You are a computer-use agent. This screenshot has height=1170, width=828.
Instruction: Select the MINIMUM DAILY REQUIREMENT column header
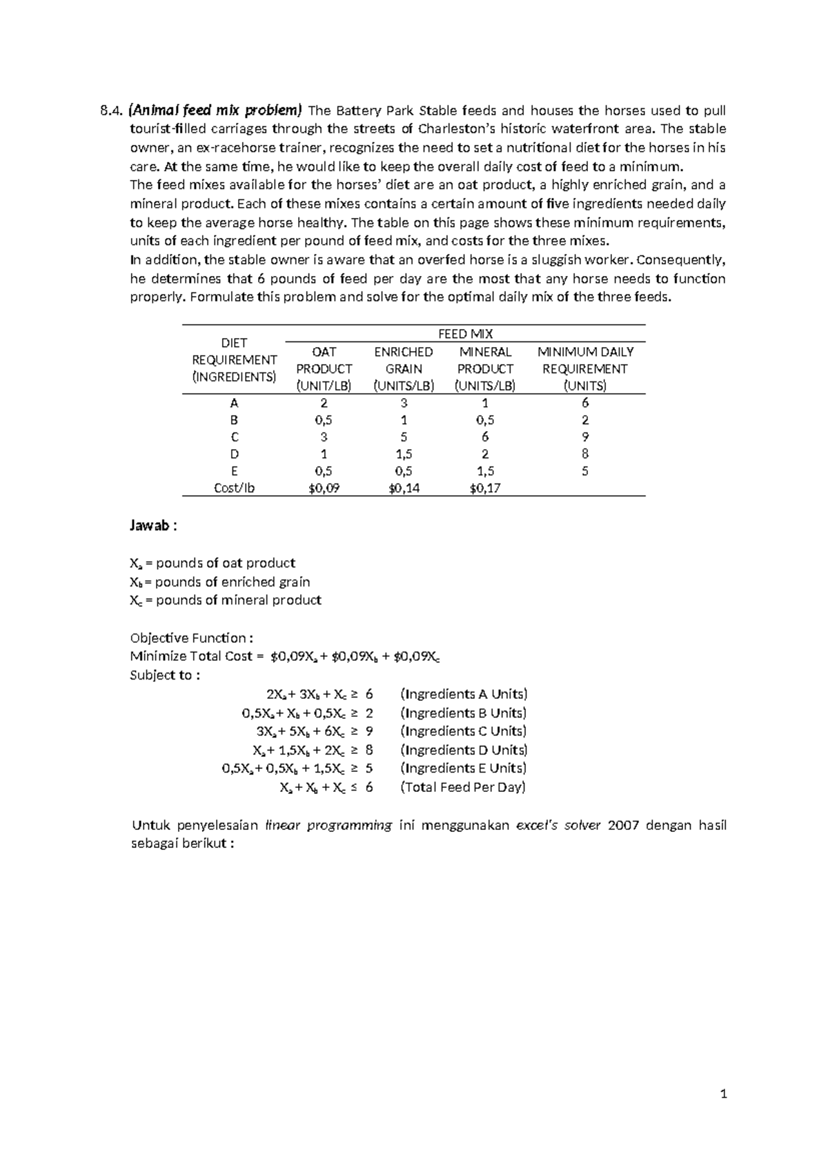tap(585, 368)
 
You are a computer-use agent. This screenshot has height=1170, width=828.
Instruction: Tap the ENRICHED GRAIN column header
tap(404, 368)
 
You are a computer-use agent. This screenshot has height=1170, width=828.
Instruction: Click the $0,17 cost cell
tap(485, 488)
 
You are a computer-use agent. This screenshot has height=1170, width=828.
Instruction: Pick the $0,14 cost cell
tap(404, 488)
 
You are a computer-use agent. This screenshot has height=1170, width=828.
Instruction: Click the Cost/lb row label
tap(234, 488)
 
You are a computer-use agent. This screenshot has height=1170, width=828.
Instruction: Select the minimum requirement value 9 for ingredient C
tap(585, 437)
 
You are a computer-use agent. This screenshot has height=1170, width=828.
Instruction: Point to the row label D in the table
tap(234, 454)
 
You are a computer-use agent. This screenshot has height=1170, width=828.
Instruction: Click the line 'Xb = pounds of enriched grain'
tap(220, 582)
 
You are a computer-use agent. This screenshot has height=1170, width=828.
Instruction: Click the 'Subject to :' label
tap(165, 675)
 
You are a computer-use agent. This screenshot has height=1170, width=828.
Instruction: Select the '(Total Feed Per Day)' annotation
tap(463, 787)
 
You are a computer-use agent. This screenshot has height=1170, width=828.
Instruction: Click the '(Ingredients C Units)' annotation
tap(463, 731)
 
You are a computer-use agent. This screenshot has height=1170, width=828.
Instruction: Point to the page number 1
tap(723, 1093)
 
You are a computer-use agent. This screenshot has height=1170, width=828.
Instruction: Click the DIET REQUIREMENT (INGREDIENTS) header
tap(234, 359)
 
